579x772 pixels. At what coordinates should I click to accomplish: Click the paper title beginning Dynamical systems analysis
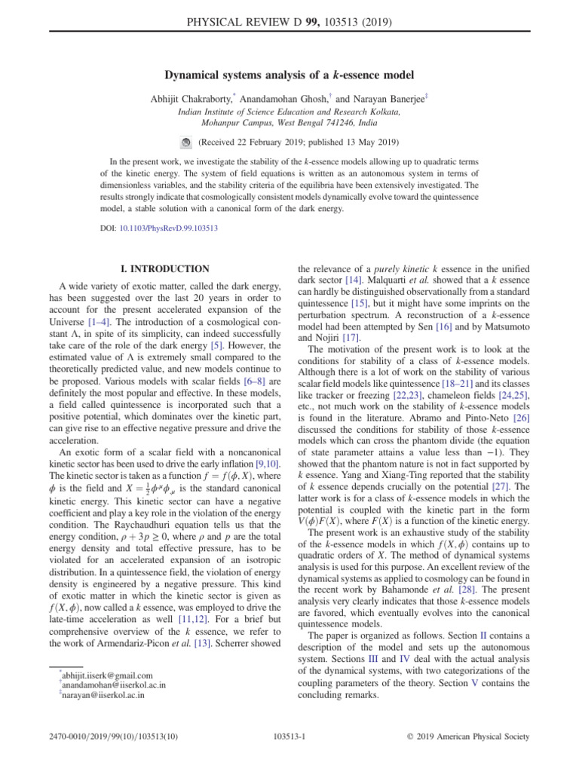pos(289,75)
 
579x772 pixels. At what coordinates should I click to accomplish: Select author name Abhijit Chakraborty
pos(195,98)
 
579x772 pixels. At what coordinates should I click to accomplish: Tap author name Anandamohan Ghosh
pos(288,98)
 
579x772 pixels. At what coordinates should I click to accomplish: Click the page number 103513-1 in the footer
pos(289,751)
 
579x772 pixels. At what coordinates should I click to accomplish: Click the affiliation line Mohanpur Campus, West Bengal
pos(289,122)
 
